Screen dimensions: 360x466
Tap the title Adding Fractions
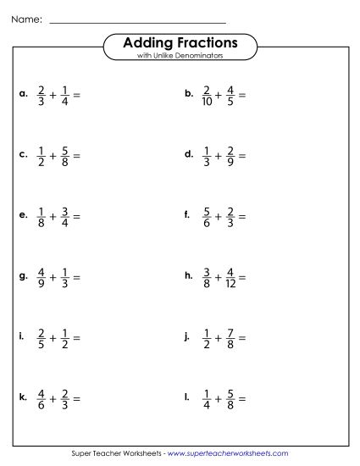[x=180, y=42]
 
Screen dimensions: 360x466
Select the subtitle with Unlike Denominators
[x=180, y=56]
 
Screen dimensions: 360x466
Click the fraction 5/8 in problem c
[x=64, y=156]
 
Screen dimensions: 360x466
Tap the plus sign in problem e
[x=53, y=218]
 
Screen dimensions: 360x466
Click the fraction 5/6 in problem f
[x=207, y=218]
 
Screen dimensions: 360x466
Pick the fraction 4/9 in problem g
[x=42, y=277]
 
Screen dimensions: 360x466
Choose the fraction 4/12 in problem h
[x=232, y=277]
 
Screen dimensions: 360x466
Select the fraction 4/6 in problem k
[x=42, y=398]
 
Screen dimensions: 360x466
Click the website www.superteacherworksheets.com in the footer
[x=228, y=454]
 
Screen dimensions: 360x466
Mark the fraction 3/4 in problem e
[x=64, y=218]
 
